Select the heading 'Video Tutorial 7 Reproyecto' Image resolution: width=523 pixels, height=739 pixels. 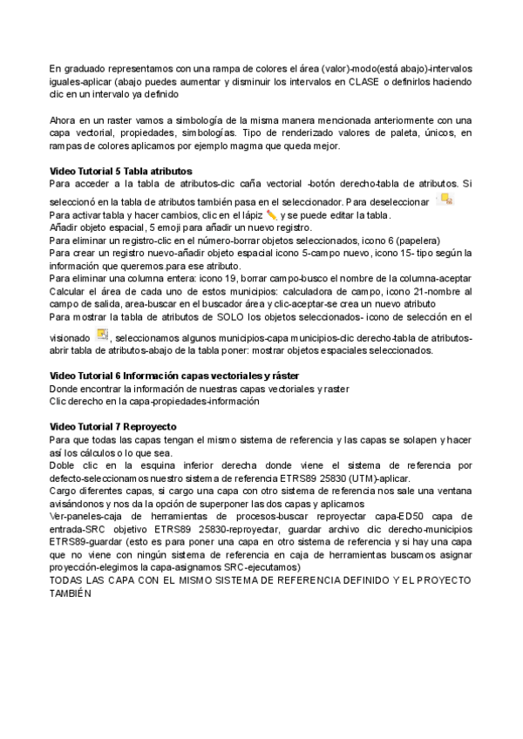113,427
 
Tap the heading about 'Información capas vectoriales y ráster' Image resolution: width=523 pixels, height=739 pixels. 174,375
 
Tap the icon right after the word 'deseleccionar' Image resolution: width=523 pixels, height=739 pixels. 447,200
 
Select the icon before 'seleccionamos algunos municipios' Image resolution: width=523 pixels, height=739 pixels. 102,336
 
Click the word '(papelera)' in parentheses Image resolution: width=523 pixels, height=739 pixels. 416,240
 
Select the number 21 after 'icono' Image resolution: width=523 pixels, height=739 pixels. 402,290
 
